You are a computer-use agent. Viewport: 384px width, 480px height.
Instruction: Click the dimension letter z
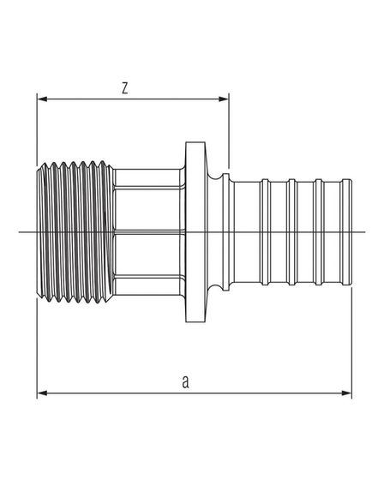126,87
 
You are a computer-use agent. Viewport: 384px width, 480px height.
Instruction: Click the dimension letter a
185,381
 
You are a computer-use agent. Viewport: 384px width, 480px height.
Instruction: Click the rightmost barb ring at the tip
346,231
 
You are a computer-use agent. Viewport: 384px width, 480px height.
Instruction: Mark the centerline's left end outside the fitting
23,232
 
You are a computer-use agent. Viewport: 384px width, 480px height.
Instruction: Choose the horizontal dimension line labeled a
257,393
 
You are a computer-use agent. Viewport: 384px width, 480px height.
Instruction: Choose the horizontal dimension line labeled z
171,99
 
